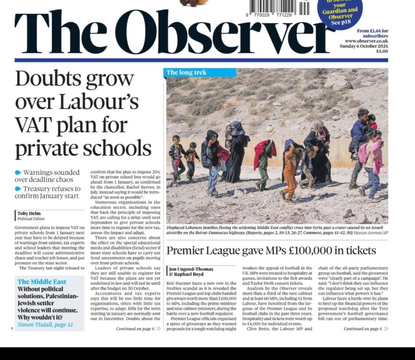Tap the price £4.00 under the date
382,51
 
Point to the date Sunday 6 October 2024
366,46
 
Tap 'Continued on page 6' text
136,329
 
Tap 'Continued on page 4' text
363,329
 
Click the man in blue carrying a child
359,144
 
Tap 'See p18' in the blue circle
343,22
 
